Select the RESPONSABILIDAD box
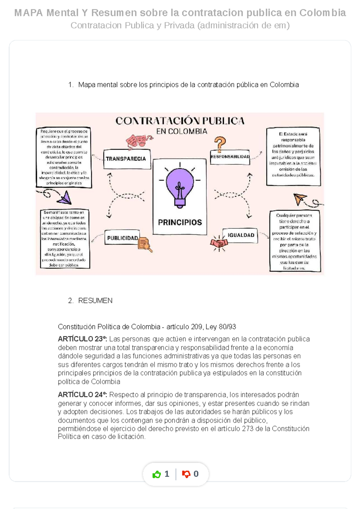(230, 157)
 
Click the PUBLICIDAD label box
(122, 238)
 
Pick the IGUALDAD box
(240, 235)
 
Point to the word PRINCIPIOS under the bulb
(180, 222)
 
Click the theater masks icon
(138, 141)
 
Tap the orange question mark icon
(220, 144)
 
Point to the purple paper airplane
(65, 198)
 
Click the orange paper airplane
(300, 198)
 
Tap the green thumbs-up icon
(157, 475)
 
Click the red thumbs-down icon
(186, 474)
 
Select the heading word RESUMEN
(95, 301)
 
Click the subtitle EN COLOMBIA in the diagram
(181, 131)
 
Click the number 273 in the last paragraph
(248, 429)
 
